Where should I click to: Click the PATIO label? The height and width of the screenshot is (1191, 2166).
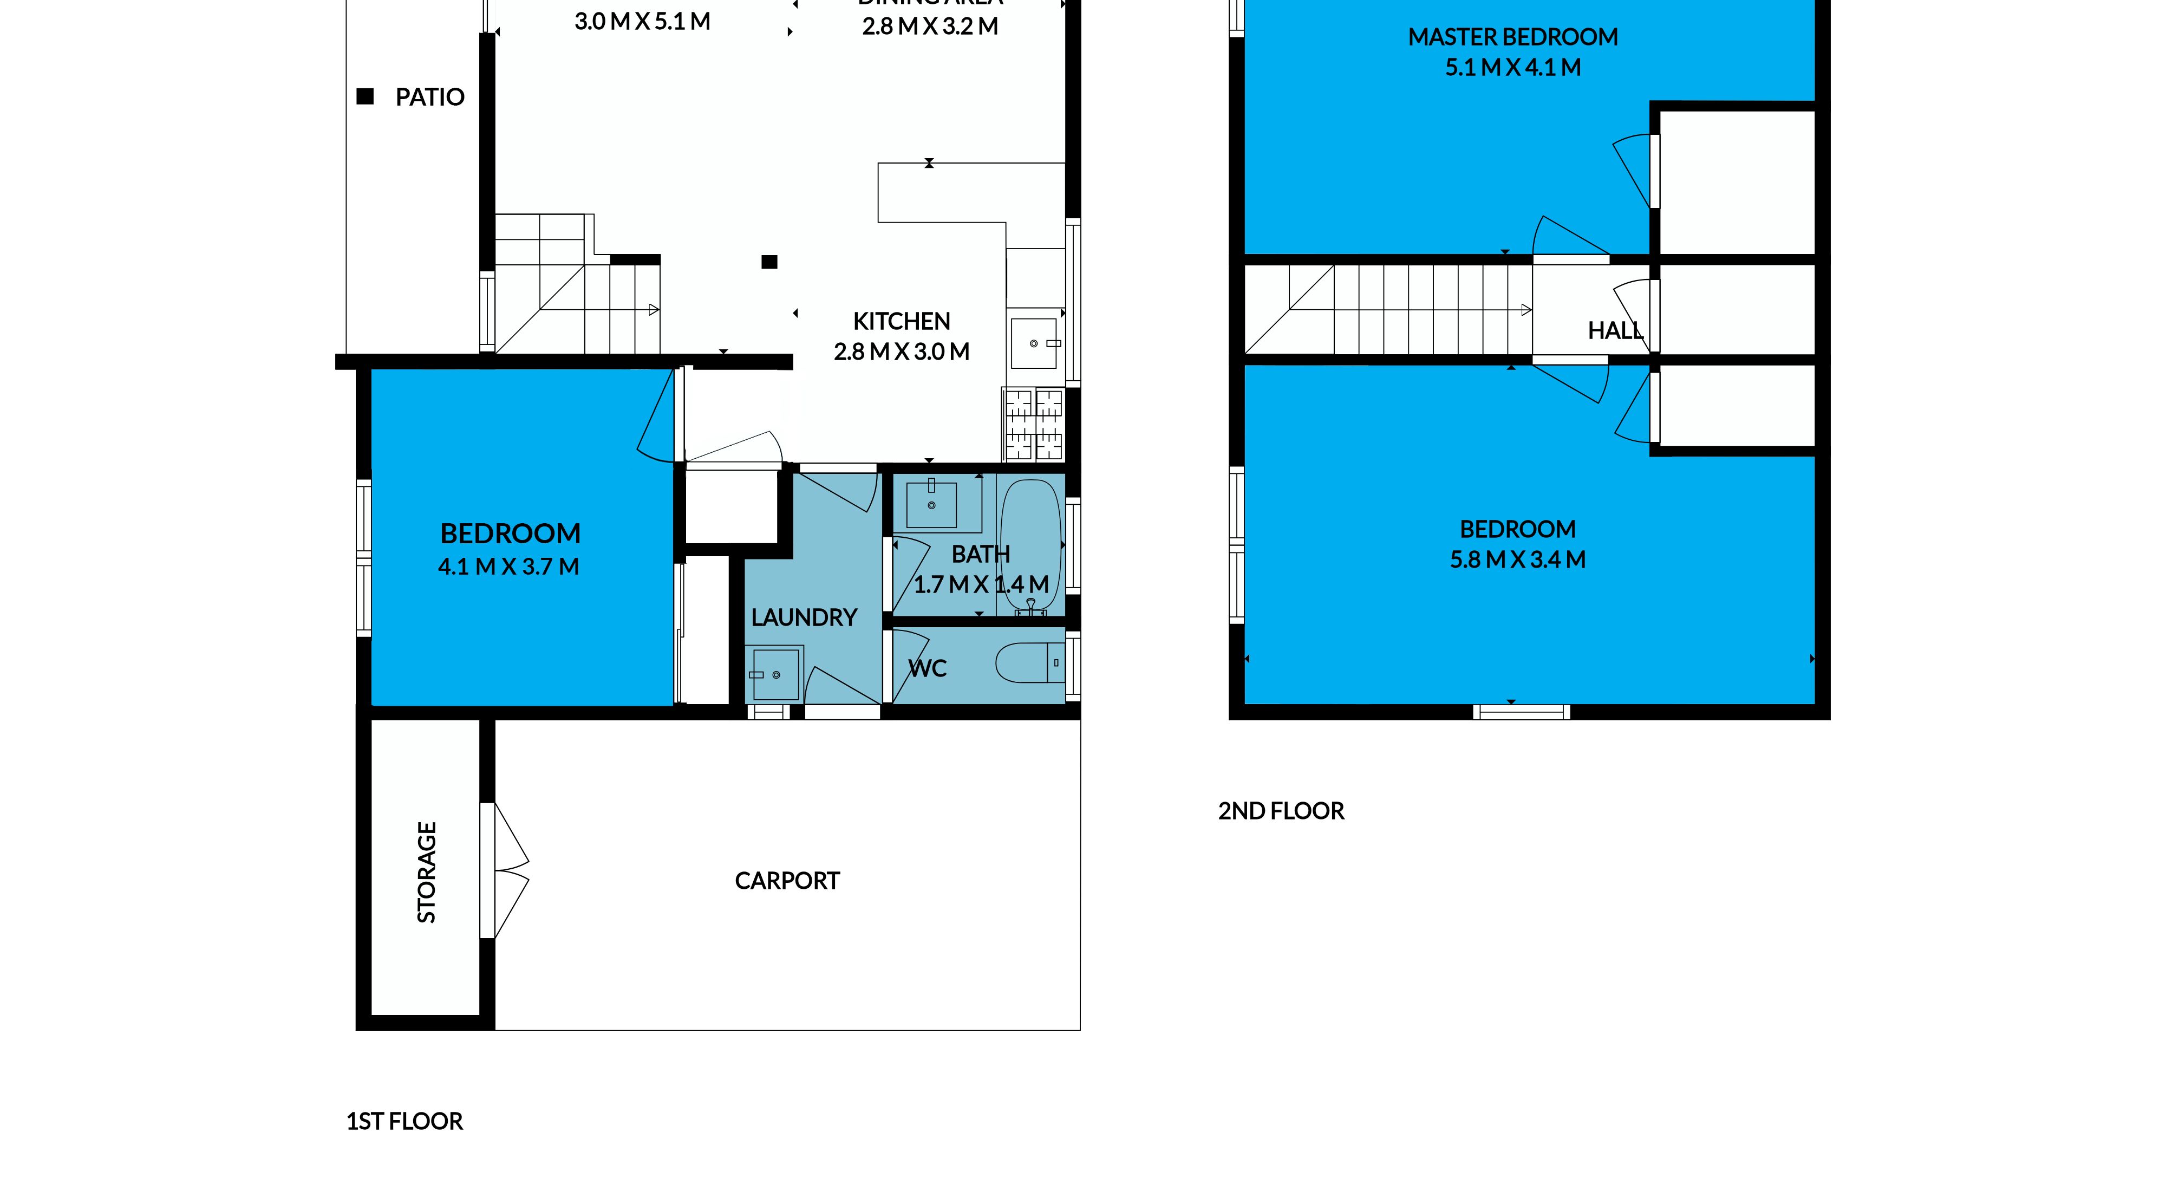pos(429,97)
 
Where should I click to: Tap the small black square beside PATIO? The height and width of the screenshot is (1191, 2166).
pos(365,97)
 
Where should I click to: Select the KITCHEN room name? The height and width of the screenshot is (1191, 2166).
pos(902,321)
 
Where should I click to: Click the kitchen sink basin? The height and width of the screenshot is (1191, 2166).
pos(1033,343)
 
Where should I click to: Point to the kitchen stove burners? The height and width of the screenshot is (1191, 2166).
pos(1033,425)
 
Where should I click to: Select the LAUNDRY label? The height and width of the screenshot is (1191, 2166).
pos(804,618)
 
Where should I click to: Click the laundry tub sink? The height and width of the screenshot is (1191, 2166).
pos(775,674)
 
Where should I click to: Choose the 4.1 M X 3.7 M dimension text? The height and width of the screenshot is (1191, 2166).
pos(508,567)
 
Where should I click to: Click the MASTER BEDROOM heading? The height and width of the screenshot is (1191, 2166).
pos(1512,37)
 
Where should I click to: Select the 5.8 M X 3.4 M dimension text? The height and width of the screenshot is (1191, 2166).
pos(1518,560)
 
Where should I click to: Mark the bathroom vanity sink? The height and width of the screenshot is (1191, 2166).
pos(931,505)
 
